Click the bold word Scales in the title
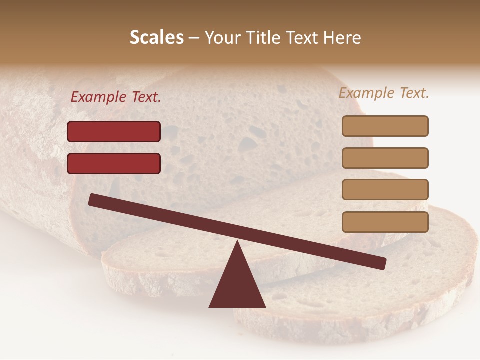(x=156, y=37)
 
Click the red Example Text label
(x=116, y=97)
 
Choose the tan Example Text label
(x=384, y=93)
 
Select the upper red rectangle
(x=114, y=131)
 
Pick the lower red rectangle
(x=114, y=163)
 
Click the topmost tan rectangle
(x=385, y=126)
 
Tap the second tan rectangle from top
(x=385, y=158)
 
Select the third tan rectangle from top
(x=385, y=190)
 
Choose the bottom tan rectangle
(x=385, y=222)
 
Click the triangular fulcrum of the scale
(x=237, y=285)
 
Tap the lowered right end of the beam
(x=382, y=263)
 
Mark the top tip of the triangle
(x=237, y=242)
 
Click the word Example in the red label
(x=99, y=97)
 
